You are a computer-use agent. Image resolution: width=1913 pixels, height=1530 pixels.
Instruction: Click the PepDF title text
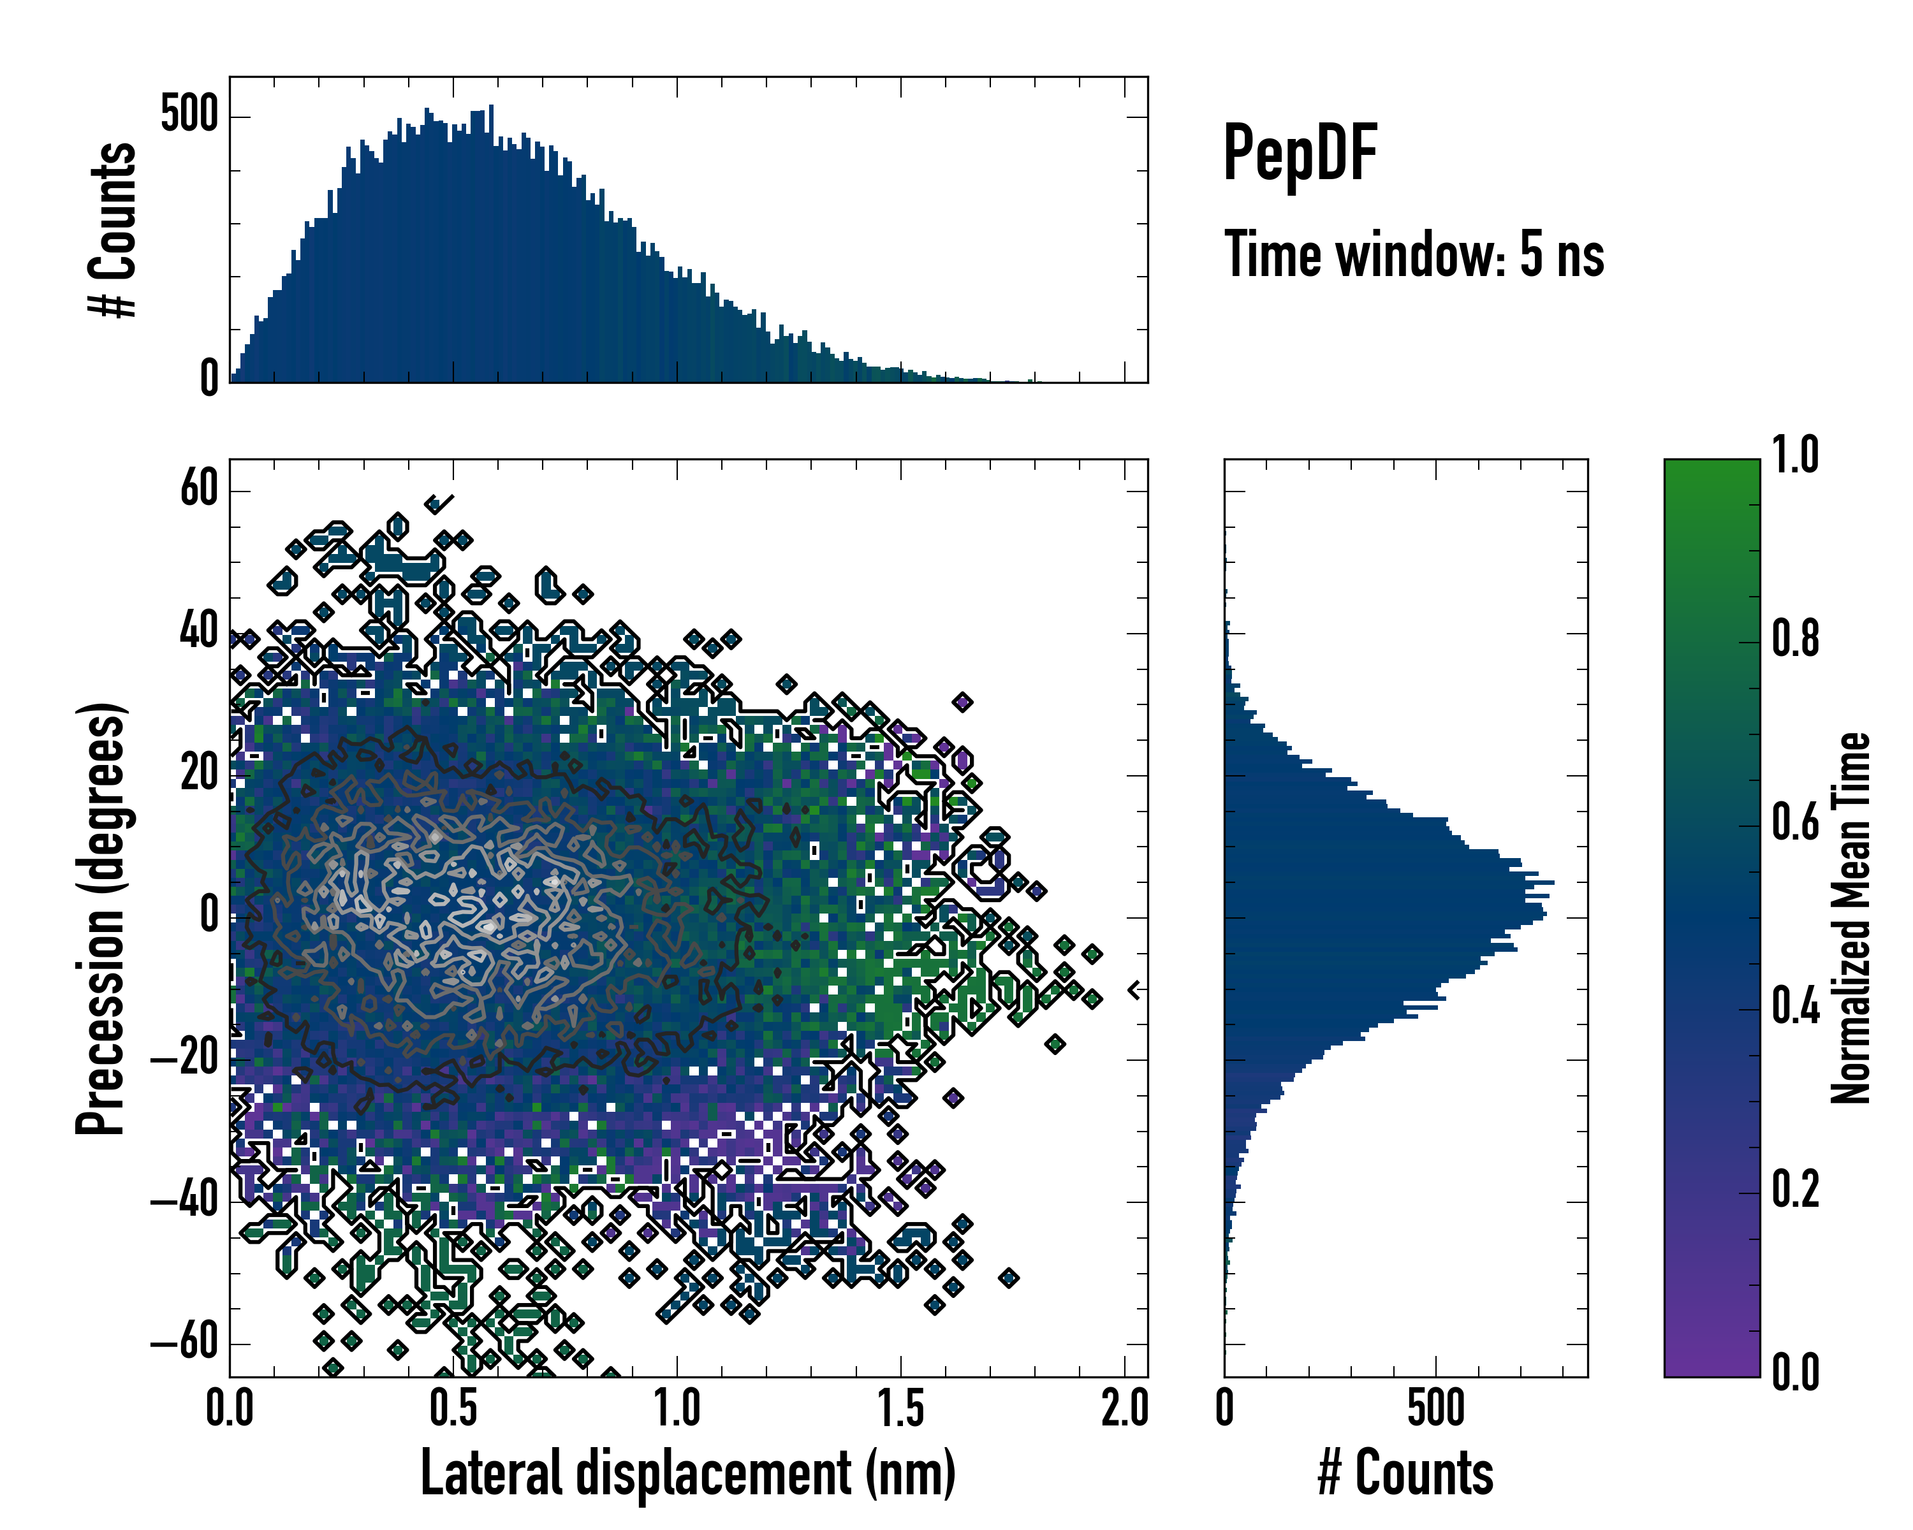[x=1300, y=154]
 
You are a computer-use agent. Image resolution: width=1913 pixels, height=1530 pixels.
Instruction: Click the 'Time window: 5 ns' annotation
[x=1414, y=254]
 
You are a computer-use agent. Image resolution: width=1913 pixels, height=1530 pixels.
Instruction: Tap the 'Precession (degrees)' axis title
[x=100, y=918]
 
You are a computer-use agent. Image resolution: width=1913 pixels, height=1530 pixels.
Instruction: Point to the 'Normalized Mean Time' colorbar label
[x=1851, y=918]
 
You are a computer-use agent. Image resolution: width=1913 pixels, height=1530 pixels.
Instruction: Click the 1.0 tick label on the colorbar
[x=1795, y=455]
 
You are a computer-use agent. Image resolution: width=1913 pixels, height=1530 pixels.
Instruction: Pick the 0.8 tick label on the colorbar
[x=1795, y=639]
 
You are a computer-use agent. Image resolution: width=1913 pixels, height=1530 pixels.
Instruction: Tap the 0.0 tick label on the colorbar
[x=1795, y=1371]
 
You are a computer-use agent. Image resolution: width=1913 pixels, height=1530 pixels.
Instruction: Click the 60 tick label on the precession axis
[x=199, y=489]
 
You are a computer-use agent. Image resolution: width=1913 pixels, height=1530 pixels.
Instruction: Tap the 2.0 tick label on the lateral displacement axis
[x=1124, y=1408]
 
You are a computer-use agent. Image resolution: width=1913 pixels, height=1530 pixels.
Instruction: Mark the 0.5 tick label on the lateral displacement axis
[x=453, y=1408]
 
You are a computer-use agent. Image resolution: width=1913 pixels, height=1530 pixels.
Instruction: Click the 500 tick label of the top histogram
[x=189, y=115]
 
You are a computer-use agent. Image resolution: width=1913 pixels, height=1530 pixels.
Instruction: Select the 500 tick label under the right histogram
[x=1435, y=1408]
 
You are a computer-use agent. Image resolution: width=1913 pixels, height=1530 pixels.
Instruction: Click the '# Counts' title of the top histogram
[x=114, y=229]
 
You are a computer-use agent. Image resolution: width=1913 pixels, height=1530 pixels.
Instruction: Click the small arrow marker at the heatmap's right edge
[x=1134, y=990]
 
